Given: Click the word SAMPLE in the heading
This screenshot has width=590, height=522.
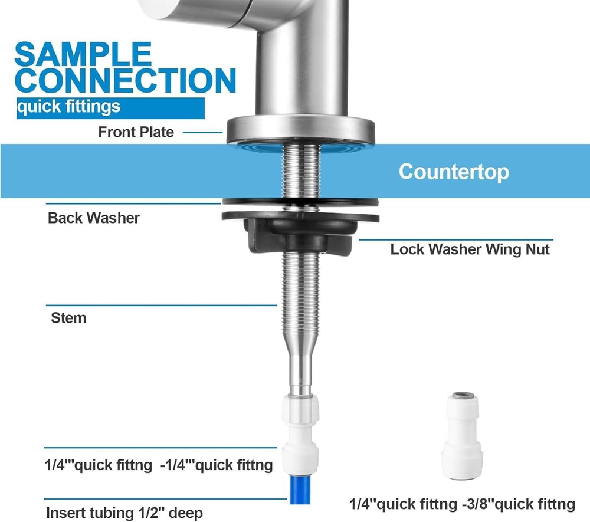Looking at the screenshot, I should point(83,54).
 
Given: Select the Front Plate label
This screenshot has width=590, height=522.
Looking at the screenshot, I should point(136,132).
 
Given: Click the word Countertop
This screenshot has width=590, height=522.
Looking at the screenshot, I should point(454,172).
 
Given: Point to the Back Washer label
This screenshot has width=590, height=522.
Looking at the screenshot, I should point(94,218).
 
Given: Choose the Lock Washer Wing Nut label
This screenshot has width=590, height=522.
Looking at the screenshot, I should point(470,249).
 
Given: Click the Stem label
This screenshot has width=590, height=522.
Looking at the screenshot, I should point(68,318).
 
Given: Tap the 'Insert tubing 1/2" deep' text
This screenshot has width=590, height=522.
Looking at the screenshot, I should point(124,512).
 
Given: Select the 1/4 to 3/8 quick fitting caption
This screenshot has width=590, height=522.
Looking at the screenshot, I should point(462,504).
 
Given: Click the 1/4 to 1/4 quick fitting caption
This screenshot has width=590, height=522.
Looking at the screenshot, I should point(159,465).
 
